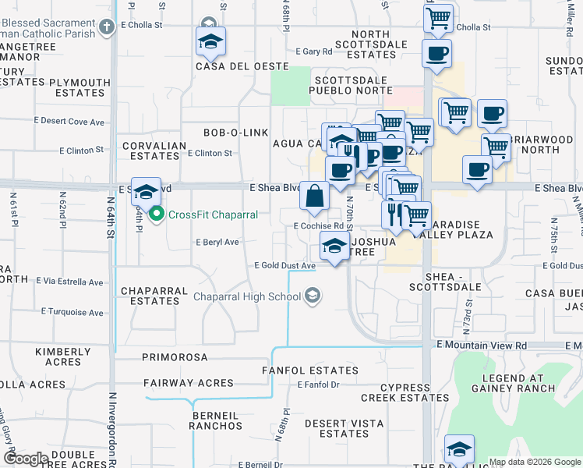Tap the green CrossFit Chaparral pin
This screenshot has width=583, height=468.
(156, 212)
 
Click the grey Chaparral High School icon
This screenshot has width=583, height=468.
(313, 295)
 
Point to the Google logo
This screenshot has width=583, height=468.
(26, 459)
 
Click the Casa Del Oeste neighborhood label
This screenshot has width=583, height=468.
(236, 66)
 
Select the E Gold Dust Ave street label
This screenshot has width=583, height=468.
(285, 266)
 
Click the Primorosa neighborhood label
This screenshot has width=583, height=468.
(175, 357)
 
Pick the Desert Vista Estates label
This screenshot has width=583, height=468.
(337, 428)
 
